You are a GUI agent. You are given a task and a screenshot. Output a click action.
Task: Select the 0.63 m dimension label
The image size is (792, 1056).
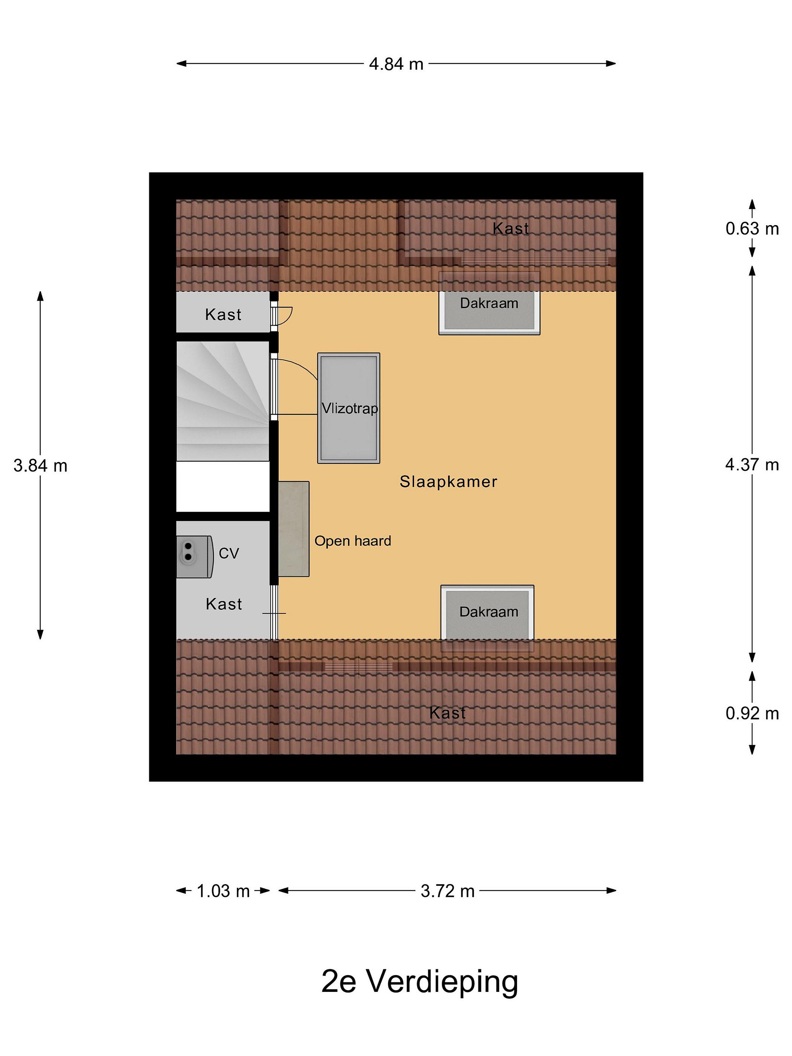pyautogui.click(x=752, y=229)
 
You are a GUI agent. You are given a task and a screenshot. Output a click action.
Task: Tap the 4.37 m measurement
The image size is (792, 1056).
pyautogui.click(x=752, y=465)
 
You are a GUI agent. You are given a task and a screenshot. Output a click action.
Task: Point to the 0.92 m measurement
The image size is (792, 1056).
pyautogui.click(x=752, y=713)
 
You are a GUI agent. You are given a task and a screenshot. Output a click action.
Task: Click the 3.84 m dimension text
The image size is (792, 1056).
pyautogui.click(x=41, y=465)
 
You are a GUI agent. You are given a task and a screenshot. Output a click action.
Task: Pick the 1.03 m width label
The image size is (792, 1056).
pyautogui.click(x=223, y=891)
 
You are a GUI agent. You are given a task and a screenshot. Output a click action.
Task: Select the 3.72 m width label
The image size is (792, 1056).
pyautogui.click(x=447, y=891)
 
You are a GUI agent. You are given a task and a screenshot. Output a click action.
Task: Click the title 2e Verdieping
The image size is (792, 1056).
pyautogui.click(x=419, y=982)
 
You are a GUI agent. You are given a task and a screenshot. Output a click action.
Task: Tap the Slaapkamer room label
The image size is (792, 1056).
pyautogui.click(x=448, y=482)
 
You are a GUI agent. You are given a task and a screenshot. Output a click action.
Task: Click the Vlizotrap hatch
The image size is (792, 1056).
pyautogui.click(x=348, y=408)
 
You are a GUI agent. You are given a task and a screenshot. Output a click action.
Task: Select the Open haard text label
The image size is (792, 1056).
pyautogui.click(x=353, y=541)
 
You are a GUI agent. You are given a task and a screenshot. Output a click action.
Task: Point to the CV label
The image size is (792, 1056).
pyautogui.click(x=229, y=553)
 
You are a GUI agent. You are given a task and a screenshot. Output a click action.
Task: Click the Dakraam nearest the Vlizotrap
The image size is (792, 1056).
pyautogui.click(x=489, y=303)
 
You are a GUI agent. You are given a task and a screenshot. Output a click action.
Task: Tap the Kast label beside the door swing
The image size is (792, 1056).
pyautogui.click(x=223, y=315)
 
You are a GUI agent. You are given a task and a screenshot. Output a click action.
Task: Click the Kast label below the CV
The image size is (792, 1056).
pyautogui.click(x=224, y=604)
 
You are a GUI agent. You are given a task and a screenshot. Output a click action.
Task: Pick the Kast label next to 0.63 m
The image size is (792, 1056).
pyautogui.click(x=511, y=229)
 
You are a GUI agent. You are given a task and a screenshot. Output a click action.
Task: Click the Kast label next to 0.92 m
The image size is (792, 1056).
pyautogui.click(x=447, y=713)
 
